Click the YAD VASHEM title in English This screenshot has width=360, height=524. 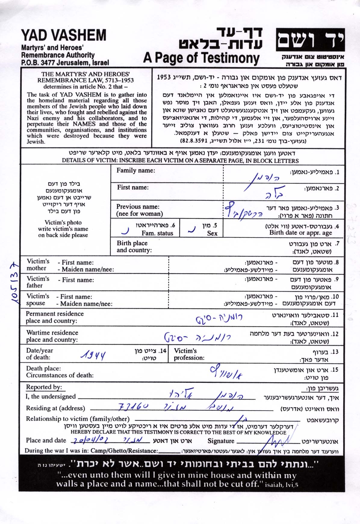(64, 36)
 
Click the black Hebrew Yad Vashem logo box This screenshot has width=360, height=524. (310, 40)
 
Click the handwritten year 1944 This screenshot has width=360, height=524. (93, 356)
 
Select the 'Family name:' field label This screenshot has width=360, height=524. (136, 171)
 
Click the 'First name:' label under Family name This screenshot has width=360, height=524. (133, 188)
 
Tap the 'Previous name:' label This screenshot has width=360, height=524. (138, 207)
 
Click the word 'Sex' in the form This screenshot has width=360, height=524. (212, 233)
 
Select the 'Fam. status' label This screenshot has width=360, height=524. (157, 233)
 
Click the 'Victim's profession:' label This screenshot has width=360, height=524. (189, 354)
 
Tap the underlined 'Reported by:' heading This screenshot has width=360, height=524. (44, 387)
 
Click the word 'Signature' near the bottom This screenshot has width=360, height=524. (221, 441)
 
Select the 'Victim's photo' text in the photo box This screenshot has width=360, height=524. (63, 222)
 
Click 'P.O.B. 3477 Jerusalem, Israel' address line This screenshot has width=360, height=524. (65, 63)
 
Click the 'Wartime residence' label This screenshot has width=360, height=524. (52, 333)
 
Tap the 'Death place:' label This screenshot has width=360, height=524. (43, 368)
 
